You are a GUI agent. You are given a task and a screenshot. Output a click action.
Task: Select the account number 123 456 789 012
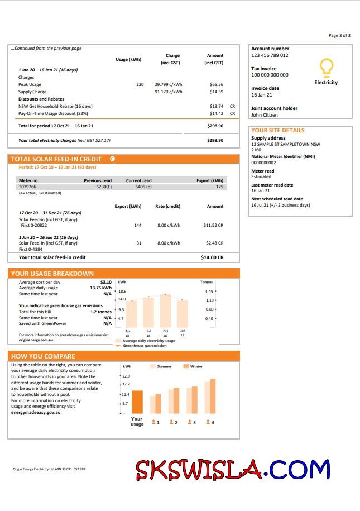pyautogui.click(x=270, y=55)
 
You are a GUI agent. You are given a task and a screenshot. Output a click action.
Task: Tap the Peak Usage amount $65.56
pyautogui.click(x=216, y=84)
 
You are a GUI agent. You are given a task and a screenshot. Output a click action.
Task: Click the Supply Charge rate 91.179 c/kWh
pyautogui.click(x=169, y=92)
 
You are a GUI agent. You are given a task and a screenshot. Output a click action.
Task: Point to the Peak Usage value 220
pyautogui.click(x=140, y=84)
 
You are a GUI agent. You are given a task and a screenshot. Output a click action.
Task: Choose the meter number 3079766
pyautogui.click(x=28, y=187)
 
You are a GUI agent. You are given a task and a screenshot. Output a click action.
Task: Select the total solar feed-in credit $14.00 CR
pyautogui.click(x=212, y=257)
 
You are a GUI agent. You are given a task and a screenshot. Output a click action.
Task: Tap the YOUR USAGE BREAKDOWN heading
pyautogui.click(x=52, y=274)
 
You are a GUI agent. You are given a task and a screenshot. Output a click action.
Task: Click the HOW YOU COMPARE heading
pyautogui.click(x=43, y=356)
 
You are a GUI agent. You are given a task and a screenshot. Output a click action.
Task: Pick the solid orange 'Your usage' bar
pyautogui.click(x=137, y=402)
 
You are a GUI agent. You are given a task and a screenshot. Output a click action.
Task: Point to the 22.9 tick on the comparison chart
pyautogui.click(x=126, y=376)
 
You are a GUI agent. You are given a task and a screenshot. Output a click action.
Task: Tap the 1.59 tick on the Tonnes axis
pyautogui.click(x=209, y=292)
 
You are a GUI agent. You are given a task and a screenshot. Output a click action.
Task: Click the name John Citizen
pyautogui.click(x=265, y=115)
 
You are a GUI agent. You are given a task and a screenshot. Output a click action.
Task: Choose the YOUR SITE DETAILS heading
pyautogui.click(x=278, y=130)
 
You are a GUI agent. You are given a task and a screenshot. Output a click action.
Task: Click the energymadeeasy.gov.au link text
pyautogui.click(x=35, y=412)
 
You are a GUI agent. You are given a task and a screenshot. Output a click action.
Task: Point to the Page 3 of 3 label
pyautogui.click(x=339, y=35)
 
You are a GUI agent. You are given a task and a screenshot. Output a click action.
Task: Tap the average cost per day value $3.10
pyautogui.click(x=105, y=282)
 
